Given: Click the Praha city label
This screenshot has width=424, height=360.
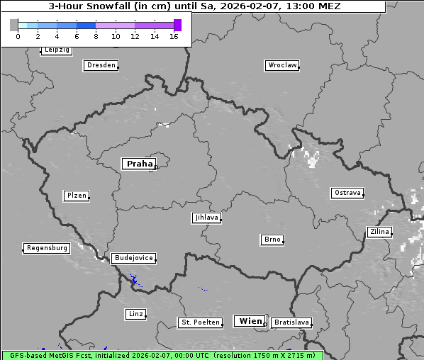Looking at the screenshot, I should (139, 164).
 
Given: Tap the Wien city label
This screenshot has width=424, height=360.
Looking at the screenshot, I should (250, 321).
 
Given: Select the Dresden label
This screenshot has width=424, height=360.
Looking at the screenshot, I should (100, 65).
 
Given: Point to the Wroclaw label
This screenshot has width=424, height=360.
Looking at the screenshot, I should (281, 65).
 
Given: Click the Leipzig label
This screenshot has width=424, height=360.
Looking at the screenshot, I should (56, 50).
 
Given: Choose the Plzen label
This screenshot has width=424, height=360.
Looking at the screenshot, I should (76, 196).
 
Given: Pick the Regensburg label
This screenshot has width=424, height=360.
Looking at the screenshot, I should (47, 248).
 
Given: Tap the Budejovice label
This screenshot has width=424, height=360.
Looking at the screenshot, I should (133, 258).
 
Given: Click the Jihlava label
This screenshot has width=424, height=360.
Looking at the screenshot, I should (206, 218).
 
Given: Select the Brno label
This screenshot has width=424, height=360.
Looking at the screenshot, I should (272, 240).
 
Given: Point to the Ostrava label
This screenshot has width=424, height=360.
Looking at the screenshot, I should (347, 193).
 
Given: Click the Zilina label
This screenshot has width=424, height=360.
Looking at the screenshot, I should (379, 232).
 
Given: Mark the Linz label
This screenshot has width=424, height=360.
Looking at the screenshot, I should (135, 313).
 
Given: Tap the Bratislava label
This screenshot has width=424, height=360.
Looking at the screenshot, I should (291, 322).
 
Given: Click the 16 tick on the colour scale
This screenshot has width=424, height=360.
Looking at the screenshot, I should (174, 37).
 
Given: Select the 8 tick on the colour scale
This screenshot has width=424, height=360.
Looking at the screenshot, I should (96, 37).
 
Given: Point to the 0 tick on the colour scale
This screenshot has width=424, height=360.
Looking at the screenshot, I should (18, 37).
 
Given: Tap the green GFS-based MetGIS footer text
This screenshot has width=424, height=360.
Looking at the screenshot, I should (162, 355).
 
